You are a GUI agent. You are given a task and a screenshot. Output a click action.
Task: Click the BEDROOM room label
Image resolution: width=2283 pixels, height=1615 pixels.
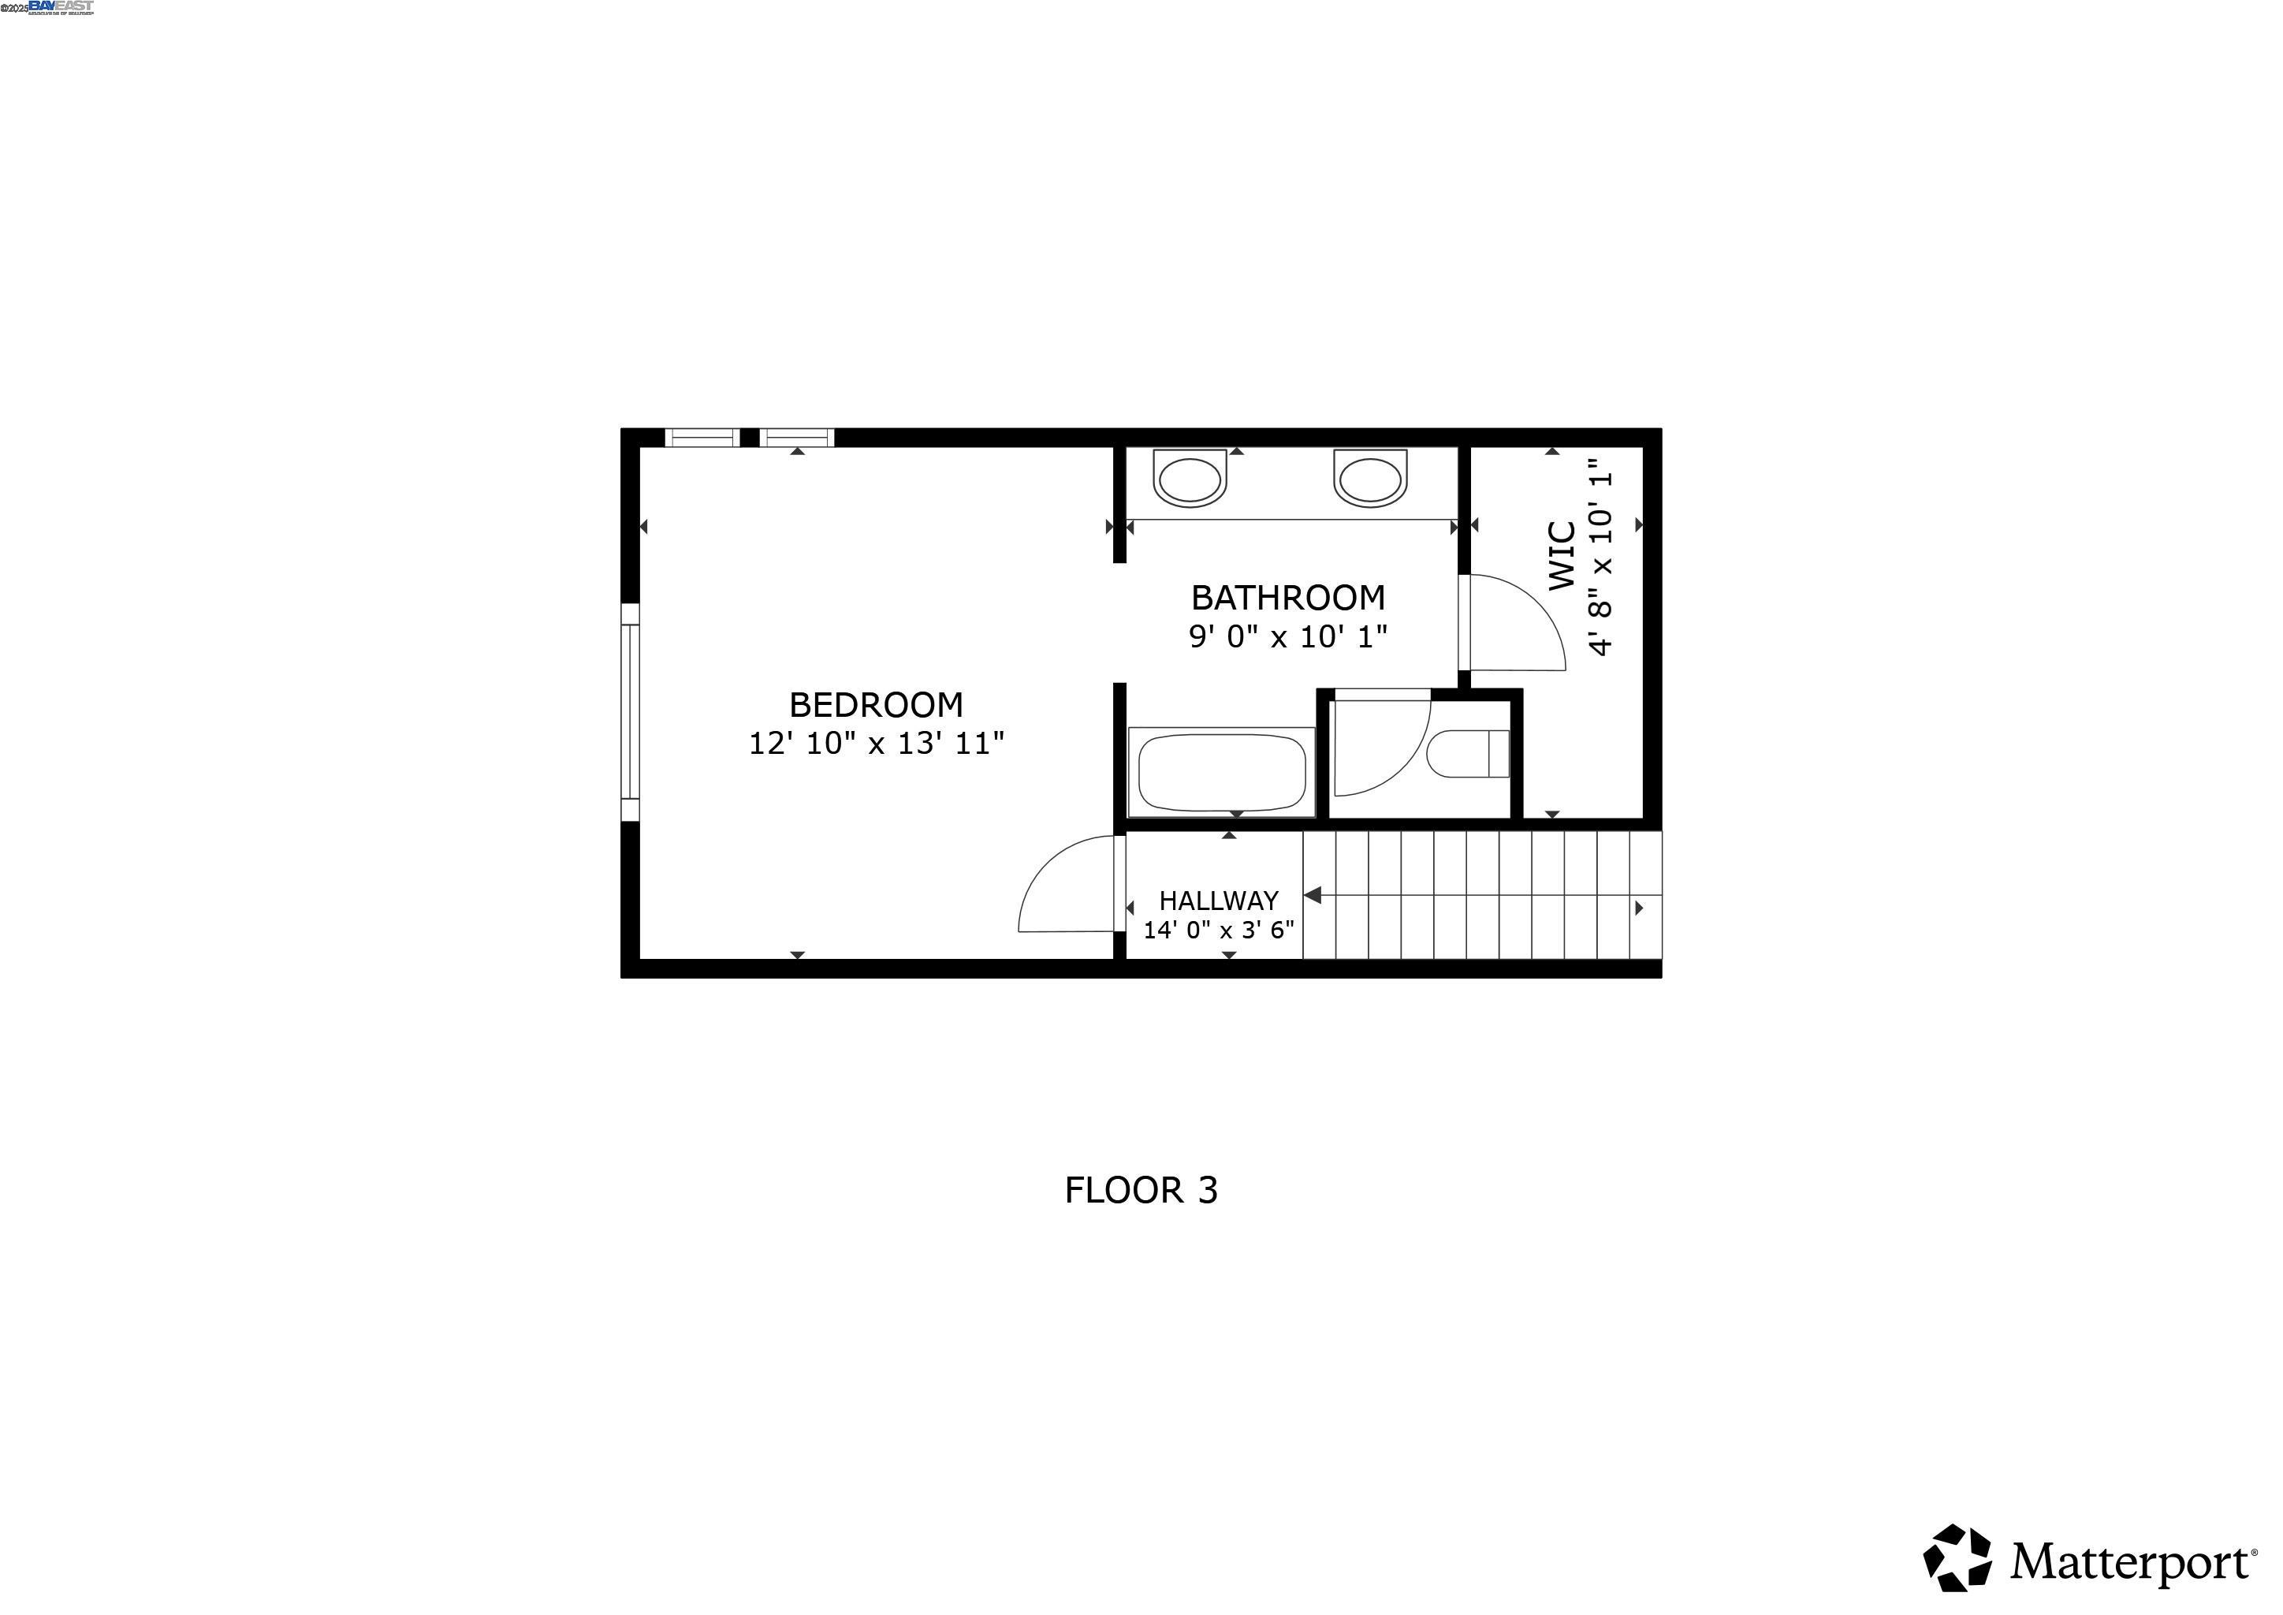(x=876, y=705)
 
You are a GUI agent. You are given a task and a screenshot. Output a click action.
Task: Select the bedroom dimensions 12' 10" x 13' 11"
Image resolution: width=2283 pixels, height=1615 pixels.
(x=876, y=744)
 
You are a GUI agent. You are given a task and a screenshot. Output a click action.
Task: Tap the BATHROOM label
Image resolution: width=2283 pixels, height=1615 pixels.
(x=1287, y=598)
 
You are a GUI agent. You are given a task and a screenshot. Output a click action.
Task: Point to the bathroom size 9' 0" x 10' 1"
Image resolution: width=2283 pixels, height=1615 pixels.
(x=1287, y=636)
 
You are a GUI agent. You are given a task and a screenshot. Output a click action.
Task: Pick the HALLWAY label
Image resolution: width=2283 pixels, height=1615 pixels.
(x=1218, y=901)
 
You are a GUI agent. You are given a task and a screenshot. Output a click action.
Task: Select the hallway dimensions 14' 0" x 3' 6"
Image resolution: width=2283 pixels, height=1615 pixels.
(x=1218, y=931)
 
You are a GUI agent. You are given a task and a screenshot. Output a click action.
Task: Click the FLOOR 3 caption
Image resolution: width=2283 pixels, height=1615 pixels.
(x=1141, y=1191)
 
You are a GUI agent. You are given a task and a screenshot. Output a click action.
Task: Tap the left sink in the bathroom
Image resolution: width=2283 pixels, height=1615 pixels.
(x=1190, y=479)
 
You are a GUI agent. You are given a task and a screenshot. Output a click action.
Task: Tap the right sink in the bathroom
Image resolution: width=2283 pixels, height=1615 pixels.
(x=1370, y=479)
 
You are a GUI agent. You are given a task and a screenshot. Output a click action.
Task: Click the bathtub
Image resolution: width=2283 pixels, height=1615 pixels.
(x=1222, y=773)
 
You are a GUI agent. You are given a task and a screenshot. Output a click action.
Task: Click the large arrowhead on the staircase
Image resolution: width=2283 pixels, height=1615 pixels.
(x=1313, y=896)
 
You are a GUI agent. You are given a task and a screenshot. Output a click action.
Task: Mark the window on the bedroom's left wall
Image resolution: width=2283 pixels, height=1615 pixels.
(x=629, y=712)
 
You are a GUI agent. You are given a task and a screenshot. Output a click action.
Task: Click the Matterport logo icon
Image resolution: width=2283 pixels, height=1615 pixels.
(x=1957, y=1557)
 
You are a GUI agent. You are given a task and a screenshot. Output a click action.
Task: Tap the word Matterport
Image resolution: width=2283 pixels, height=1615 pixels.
(x=2130, y=1562)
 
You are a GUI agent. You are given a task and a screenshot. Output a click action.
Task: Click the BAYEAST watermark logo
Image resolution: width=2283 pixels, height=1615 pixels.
(x=61, y=7)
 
